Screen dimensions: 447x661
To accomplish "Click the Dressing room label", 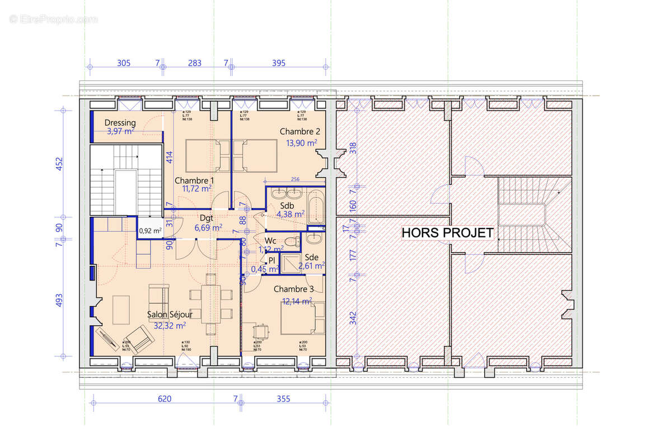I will point(120,123).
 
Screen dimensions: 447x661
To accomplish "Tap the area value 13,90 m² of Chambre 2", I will point(302,142).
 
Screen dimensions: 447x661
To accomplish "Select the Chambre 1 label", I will point(194,180).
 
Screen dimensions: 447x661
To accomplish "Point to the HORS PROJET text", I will point(448,233).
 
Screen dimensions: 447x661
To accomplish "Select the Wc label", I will point(271,240).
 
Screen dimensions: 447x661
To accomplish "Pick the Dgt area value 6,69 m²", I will point(208,227).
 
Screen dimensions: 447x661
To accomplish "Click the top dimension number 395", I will point(278,63).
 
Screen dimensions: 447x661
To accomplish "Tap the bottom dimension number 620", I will point(164,398).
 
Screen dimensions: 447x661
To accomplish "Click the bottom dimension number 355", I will point(284,398).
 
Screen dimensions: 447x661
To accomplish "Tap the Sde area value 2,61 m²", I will point(312,266).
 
